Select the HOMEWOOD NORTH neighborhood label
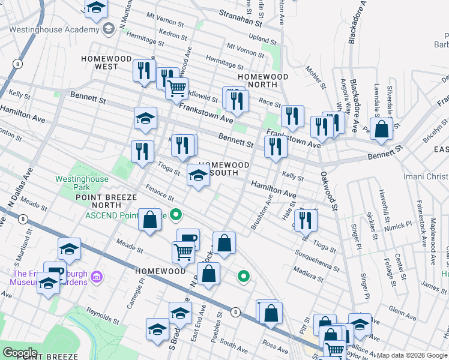tap(263, 77)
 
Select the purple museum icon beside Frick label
tap(98, 277)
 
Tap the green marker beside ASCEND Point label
tap(176, 214)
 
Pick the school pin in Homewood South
tap(199, 175)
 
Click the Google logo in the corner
tap(20, 353)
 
